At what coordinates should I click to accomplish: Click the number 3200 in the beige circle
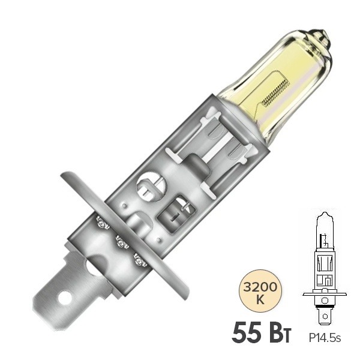(260, 287)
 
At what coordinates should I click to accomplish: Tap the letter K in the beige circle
(260, 299)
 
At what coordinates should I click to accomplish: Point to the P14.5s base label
(325, 338)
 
